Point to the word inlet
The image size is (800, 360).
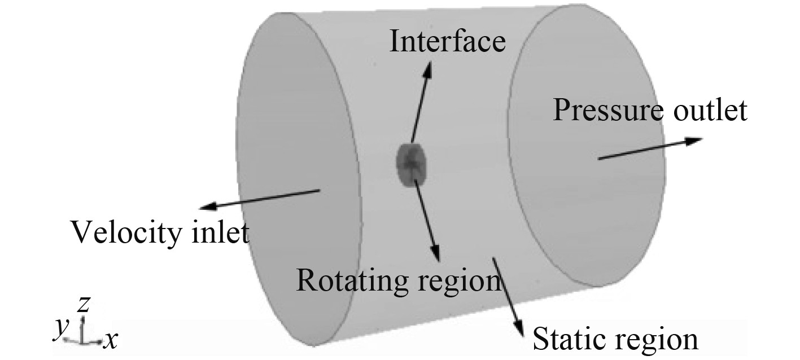point(220,232)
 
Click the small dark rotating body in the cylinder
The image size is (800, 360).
point(411,164)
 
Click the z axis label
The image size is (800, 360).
point(84,305)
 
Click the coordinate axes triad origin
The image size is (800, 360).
point(83,341)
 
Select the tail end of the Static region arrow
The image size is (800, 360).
point(493,258)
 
